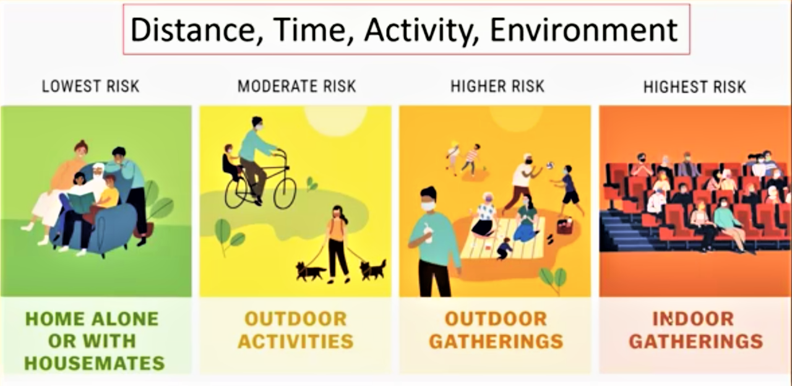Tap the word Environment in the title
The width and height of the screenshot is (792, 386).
(x=583, y=30)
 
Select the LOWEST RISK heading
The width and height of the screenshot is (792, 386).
(x=90, y=86)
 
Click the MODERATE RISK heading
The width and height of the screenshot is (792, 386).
(x=296, y=86)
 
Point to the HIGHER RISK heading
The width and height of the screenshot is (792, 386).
(x=497, y=86)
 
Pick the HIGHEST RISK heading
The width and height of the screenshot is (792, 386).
(x=695, y=87)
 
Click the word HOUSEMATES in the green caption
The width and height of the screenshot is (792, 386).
(x=95, y=363)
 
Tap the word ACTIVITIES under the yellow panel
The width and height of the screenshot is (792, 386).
(x=296, y=341)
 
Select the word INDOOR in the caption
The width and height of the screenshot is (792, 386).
(x=694, y=319)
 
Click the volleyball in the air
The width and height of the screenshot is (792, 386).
(x=550, y=165)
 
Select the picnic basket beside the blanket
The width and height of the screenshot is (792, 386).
(x=565, y=226)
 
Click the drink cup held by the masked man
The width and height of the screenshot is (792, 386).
(x=428, y=233)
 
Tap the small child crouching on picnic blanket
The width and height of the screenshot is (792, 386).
(x=504, y=249)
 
